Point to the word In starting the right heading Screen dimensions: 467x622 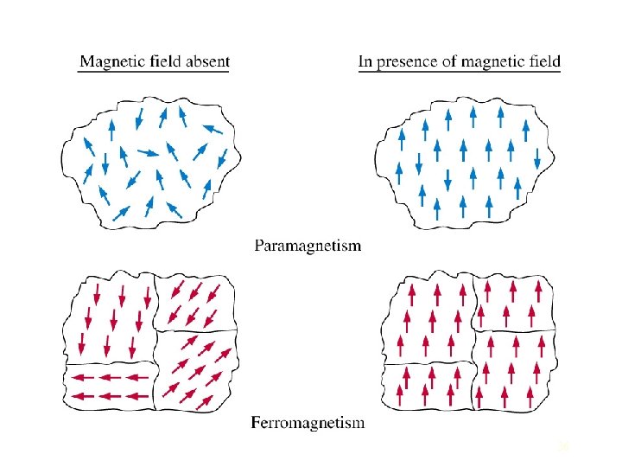tap(365, 61)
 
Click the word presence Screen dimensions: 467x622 tap(409, 62)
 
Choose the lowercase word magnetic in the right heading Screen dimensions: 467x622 tap(499, 62)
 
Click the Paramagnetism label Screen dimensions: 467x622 tap(308, 246)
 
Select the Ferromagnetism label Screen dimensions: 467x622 tap(308, 423)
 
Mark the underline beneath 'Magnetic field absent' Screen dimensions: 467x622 tap(154, 72)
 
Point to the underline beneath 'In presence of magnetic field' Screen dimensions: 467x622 tap(460, 72)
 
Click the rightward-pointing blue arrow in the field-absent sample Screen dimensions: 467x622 tap(148, 153)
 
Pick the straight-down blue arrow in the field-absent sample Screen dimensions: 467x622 tap(105, 163)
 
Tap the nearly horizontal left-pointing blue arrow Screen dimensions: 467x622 tap(212, 129)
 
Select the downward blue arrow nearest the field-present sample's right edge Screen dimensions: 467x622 tap(537, 159)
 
